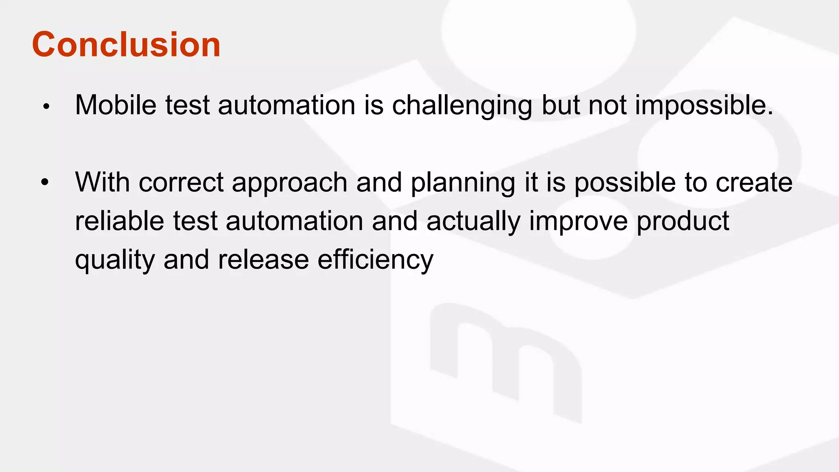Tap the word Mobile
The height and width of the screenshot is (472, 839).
point(116,105)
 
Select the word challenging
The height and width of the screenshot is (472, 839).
point(462,106)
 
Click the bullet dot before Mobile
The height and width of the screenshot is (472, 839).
point(46,107)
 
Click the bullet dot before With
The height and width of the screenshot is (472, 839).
point(45,182)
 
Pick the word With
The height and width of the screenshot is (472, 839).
point(102,182)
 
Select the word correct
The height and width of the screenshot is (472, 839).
point(181,182)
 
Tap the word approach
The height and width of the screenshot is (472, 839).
point(290,183)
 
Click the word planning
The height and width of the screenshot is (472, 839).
point(463,183)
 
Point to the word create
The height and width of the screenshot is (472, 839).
point(754,182)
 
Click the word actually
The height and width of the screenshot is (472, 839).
point(473,221)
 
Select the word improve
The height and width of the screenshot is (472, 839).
point(578,221)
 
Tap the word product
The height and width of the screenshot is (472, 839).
point(683,221)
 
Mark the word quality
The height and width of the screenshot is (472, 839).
point(115,260)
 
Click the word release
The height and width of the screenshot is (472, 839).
point(263,259)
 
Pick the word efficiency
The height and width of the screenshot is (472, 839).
point(375,260)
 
